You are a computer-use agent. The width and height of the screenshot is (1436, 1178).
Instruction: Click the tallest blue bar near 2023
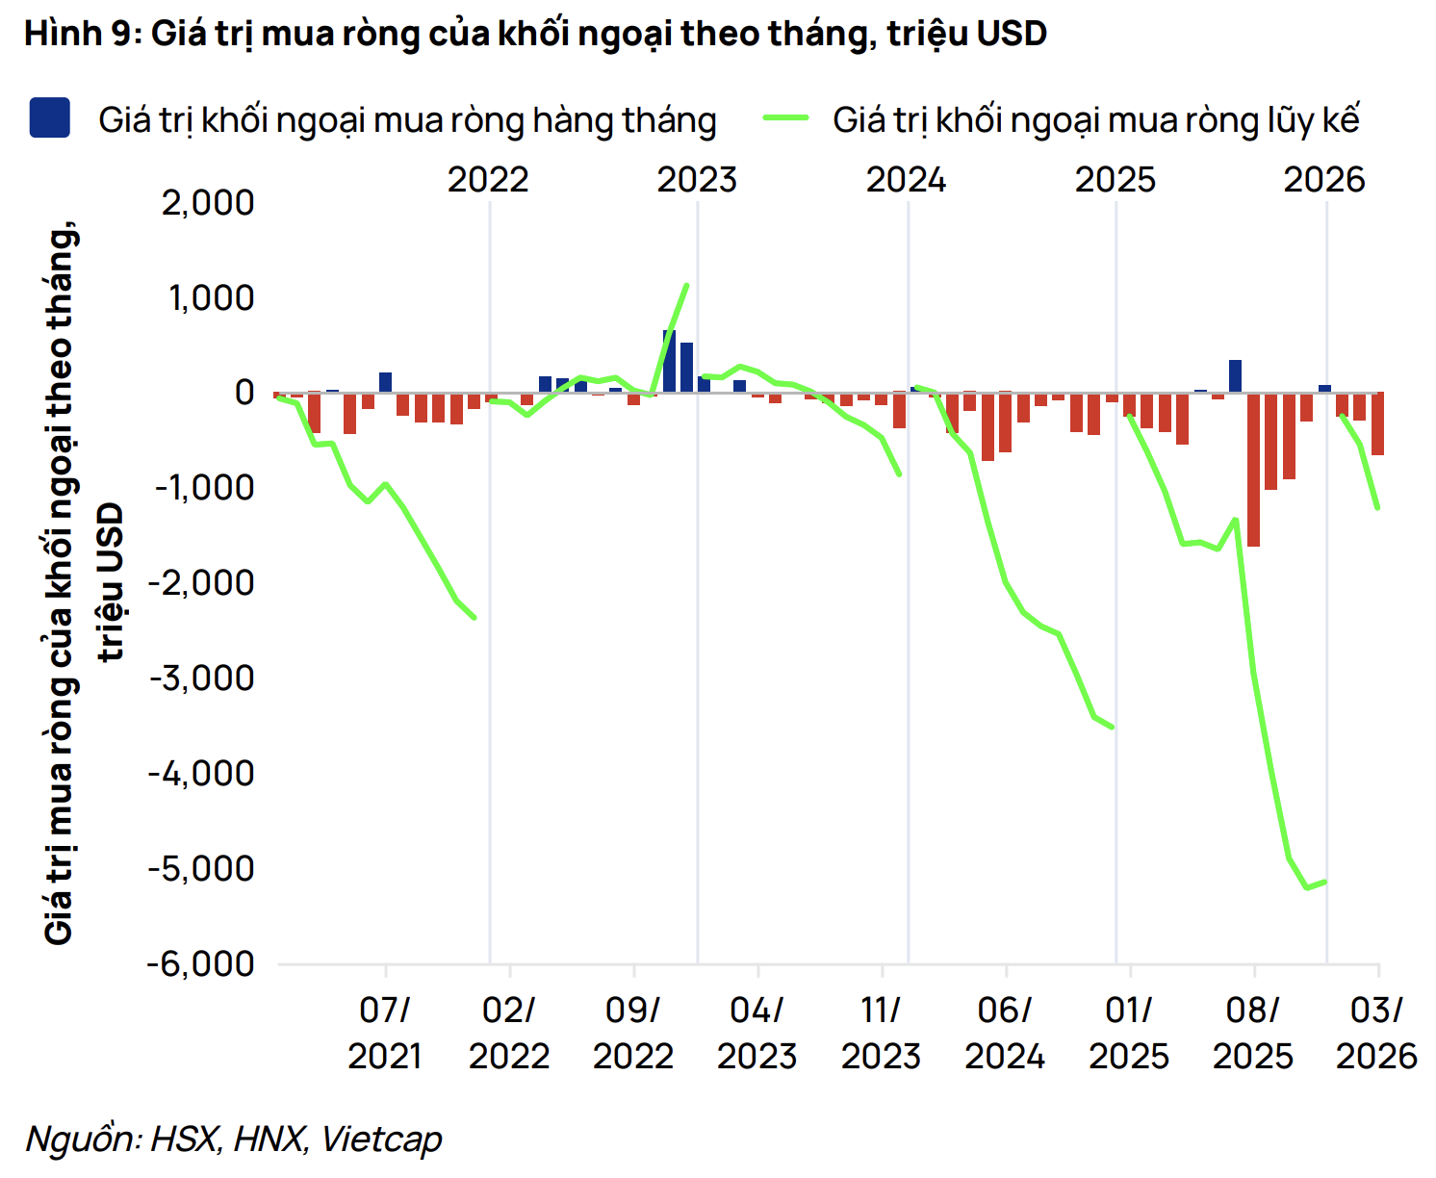(669, 361)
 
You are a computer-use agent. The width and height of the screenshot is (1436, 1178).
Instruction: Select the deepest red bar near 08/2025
(1253, 470)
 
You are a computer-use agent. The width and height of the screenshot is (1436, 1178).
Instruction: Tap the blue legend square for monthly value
(49, 118)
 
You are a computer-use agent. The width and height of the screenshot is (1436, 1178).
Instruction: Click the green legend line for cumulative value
(786, 118)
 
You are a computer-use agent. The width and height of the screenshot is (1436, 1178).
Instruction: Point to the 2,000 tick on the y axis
(208, 203)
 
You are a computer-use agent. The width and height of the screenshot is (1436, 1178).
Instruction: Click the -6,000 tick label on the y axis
(201, 963)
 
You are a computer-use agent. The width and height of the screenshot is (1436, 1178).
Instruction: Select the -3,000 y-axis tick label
(201, 679)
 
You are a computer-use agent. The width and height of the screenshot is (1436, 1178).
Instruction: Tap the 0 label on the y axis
(244, 393)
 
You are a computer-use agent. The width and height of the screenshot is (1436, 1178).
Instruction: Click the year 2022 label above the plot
(488, 180)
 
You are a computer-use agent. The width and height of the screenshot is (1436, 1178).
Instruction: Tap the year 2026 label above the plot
(1324, 180)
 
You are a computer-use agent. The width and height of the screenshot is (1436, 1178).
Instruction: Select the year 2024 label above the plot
(906, 180)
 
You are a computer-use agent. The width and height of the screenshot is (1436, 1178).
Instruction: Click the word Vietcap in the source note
(381, 1140)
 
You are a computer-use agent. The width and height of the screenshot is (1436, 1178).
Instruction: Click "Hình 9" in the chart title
(83, 34)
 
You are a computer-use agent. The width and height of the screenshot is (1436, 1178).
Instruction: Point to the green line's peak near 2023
(686, 285)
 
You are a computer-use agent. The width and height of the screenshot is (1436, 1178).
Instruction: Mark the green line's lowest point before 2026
(1307, 887)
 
